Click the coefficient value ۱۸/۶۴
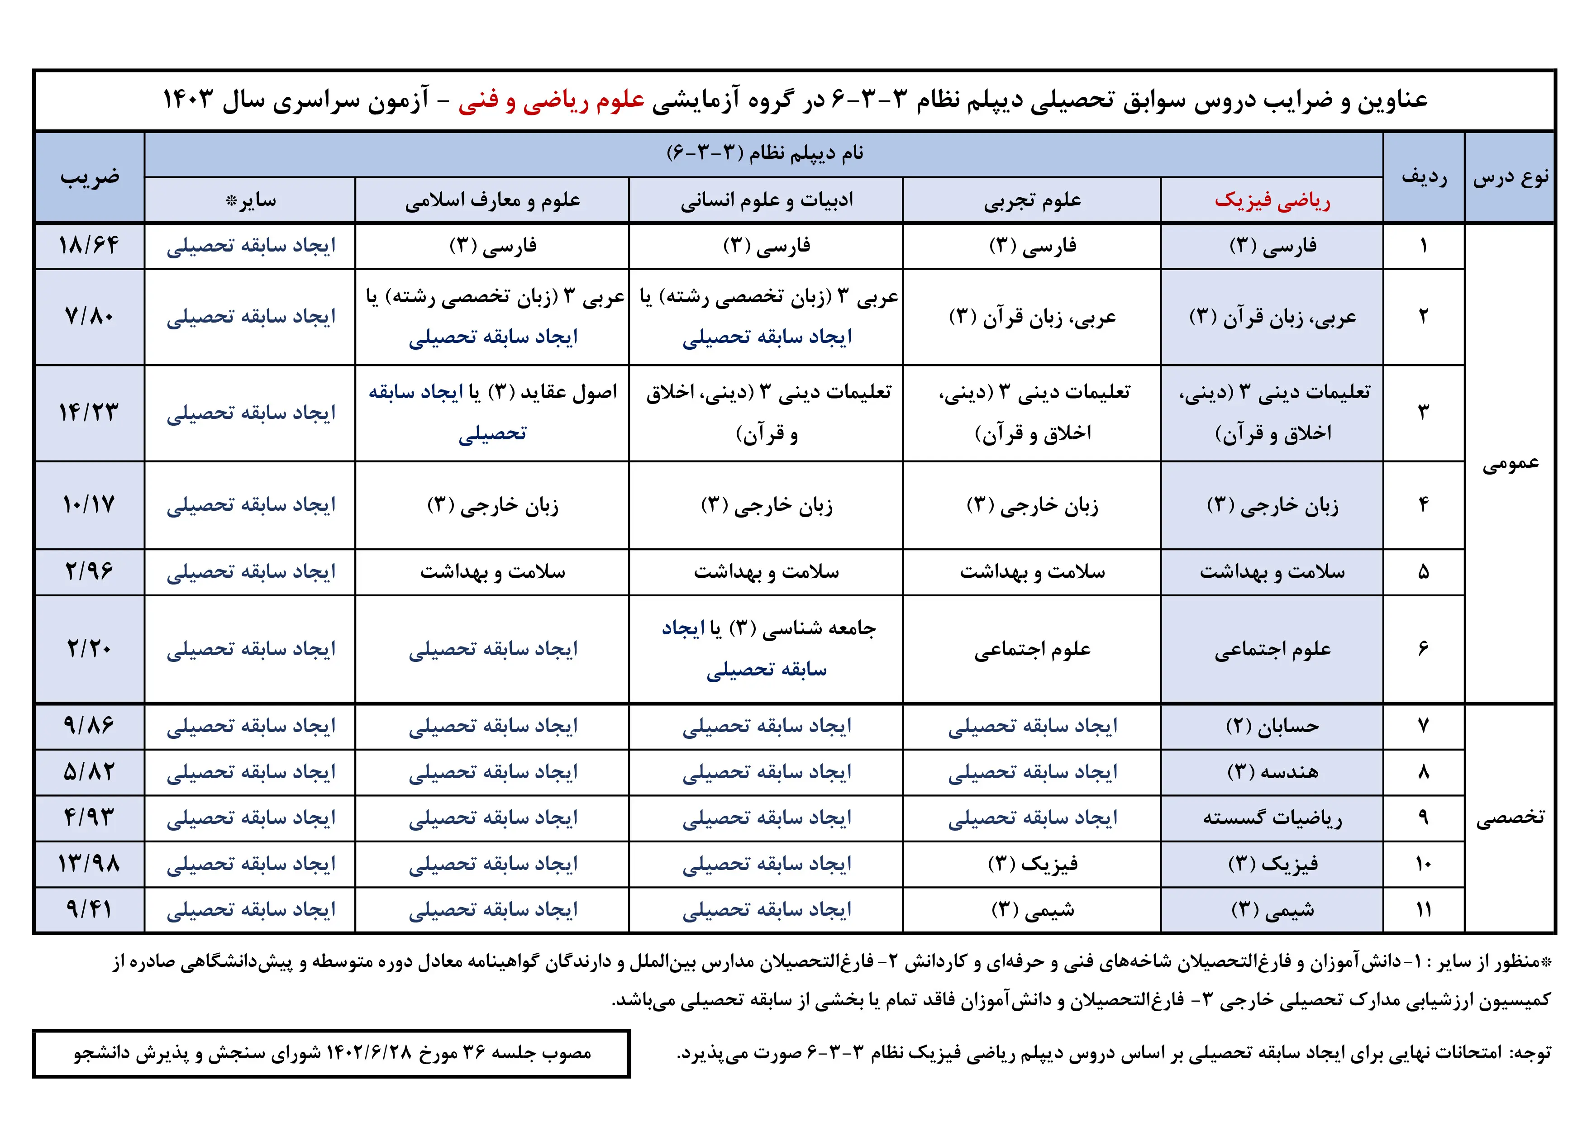coord(89,245)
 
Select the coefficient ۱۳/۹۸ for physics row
coord(89,864)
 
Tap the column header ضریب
coord(89,177)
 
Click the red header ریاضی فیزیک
coord(1272,200)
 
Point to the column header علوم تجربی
coord(1032,200)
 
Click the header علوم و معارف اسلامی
coord(492,200)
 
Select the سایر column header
coord(250,200)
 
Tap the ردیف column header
coord(1424,177)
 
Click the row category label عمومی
coord(1510,463)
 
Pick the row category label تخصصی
coord(1510,818)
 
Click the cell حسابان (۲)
coord(1272,726)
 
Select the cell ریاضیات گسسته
coord(1272,818)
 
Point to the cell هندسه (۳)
coord(1272,772)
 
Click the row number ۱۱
coord(1424,910)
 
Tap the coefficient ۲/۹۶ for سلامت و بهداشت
coord(89,571)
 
